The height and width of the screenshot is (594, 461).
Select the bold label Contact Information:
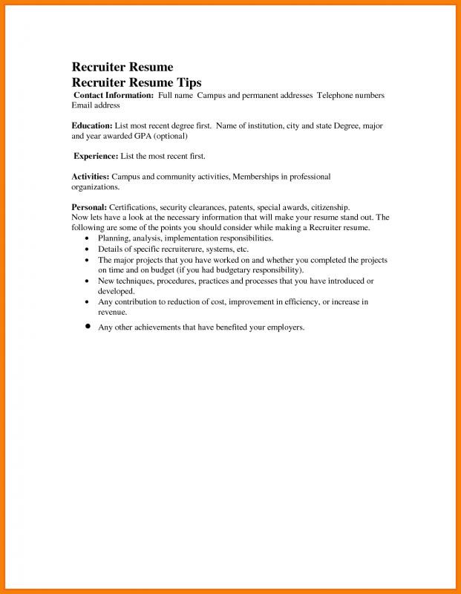(x=114, y=96)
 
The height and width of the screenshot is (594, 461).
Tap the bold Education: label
(x=92, y=126)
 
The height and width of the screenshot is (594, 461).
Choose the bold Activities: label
(x=91, y=177)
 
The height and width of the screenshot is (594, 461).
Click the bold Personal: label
(x=89, y=207)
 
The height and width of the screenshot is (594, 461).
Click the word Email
(x=82, y=106)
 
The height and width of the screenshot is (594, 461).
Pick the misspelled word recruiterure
(x=183, y=249)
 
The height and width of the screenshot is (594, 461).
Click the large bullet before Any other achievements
(x=88, y=327)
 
